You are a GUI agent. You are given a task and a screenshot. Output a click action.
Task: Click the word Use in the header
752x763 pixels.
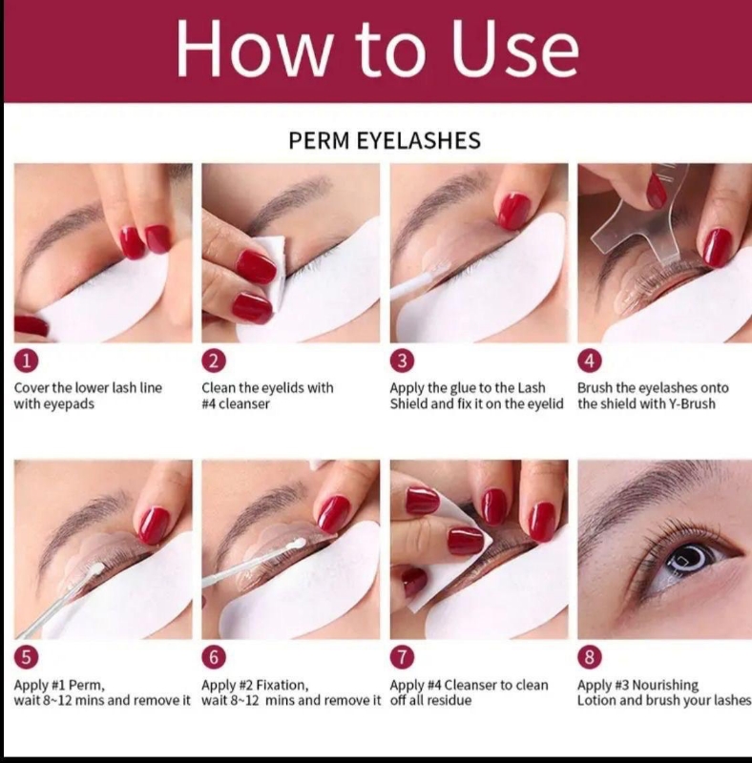514,49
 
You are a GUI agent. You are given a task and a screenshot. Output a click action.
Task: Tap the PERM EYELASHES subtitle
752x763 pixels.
385,140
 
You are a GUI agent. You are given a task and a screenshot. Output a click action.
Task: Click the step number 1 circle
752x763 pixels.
27,361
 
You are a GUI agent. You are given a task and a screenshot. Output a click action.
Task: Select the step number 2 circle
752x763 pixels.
214,361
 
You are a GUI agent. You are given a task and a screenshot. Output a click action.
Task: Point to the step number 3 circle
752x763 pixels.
402,361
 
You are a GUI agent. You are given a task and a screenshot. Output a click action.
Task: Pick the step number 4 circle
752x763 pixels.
590,361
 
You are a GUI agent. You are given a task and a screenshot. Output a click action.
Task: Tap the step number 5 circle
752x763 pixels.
27,657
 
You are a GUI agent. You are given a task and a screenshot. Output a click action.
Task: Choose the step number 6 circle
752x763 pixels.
214,657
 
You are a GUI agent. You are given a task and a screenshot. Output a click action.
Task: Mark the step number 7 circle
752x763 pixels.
402,657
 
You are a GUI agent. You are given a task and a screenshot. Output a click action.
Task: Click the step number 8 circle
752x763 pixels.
590,657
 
